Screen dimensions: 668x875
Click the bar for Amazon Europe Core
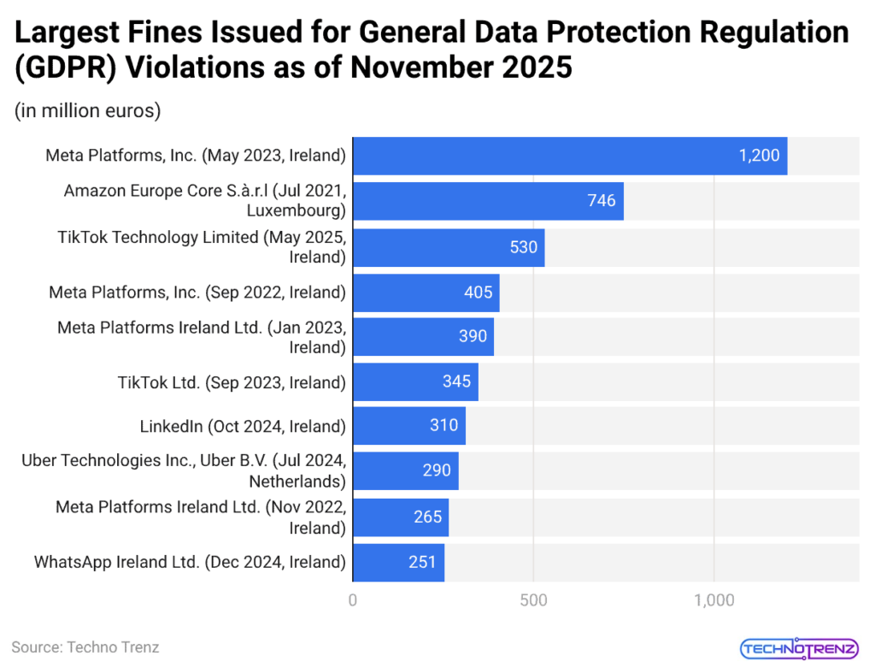487,201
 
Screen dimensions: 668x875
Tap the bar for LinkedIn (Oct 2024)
408,426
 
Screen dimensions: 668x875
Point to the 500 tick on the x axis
533,600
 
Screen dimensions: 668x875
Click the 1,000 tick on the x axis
714,600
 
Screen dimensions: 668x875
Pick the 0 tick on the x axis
353,600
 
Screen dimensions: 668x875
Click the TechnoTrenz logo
798,648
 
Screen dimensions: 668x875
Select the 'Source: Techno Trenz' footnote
85,647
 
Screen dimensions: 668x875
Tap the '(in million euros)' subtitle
88,110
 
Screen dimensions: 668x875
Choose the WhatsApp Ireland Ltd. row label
190,562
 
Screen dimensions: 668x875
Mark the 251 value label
421,562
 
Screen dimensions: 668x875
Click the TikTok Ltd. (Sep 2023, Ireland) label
232,382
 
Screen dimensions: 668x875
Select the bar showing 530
448,247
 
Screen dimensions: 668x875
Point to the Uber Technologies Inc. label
184,470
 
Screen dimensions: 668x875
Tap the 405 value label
479,293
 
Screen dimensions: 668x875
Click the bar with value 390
423,337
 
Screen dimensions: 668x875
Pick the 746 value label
602,201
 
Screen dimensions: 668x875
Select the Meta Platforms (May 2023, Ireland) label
196,156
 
